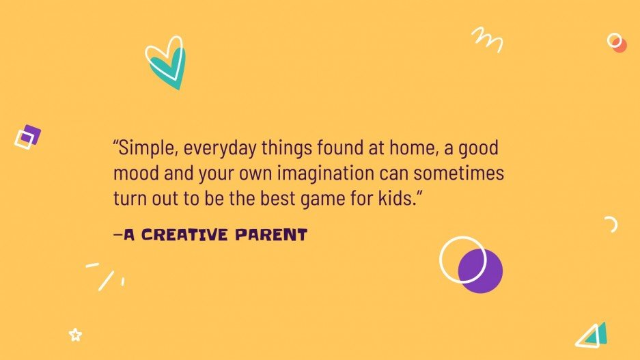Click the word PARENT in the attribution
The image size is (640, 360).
point(271,236)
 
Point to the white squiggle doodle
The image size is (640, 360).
point(488,39)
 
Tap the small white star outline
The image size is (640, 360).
point(75,335)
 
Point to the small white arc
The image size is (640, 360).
point(612,224)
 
